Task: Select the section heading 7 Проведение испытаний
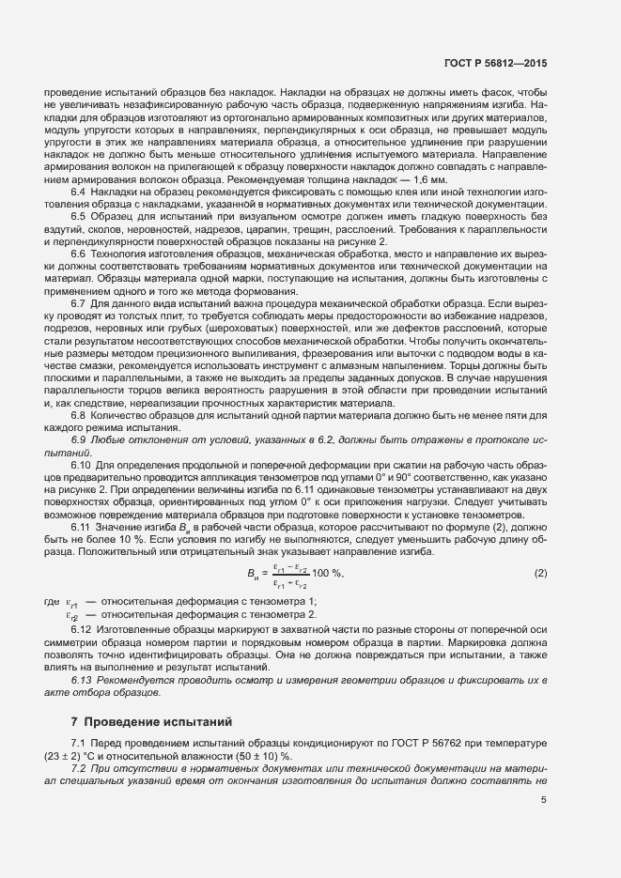click(x=151, y=722)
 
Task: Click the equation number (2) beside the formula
click(x=540, y=573)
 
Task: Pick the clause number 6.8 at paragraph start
click(x=79, y=414)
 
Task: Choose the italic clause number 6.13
click(x=82, y=678)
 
